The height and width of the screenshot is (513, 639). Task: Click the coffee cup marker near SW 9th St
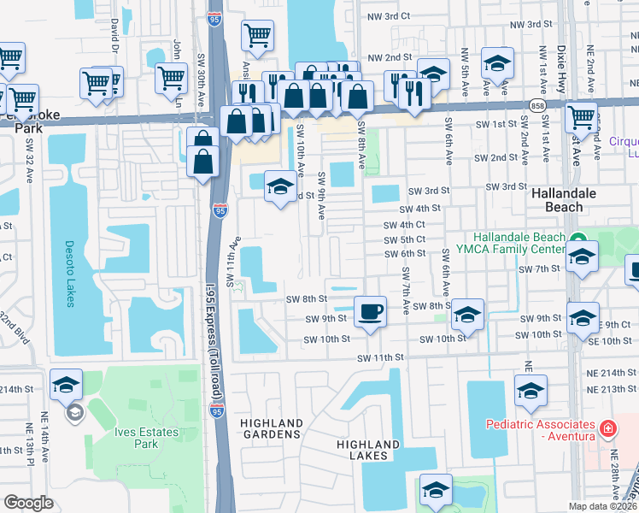coord(369,312)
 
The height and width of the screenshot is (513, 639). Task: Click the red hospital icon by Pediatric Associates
coord(607,427)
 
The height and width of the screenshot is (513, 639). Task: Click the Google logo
coord(29,503)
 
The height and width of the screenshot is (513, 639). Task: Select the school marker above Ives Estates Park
coord(66,385)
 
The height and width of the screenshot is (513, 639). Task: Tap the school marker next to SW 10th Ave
coord(279,187)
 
